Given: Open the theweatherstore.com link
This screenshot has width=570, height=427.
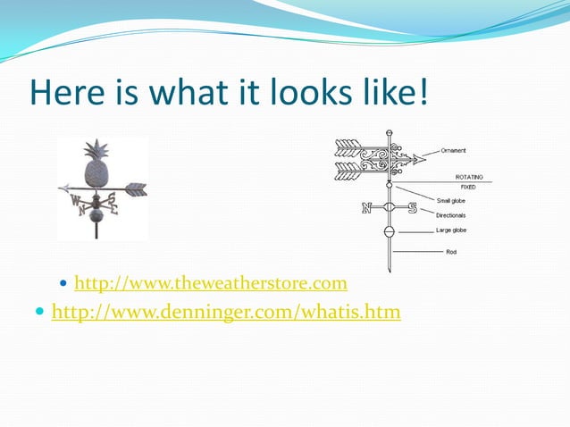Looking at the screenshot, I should tap(210, 284).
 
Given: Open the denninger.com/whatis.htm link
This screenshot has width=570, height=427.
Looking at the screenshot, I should tap(226, 313).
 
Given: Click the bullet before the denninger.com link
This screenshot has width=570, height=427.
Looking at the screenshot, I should tap(38, 313).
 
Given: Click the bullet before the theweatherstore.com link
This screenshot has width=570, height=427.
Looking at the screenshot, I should tap(62, 284).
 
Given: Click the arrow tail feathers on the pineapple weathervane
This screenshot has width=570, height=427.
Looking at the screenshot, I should tap(136, 189).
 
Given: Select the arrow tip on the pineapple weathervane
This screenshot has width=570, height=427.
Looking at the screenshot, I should tap(63, 188).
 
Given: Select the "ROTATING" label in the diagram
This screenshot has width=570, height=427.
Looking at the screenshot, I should tap(469, 177).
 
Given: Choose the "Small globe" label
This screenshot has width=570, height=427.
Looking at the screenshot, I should tap(450, 201).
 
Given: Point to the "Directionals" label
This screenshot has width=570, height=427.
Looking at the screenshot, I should tap(450, 215).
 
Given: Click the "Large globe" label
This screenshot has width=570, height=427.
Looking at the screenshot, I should tap(450, 230).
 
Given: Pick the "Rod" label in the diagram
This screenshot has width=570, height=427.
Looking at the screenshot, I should tap(451, 252).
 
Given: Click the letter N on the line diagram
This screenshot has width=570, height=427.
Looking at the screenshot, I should tap(366, 209).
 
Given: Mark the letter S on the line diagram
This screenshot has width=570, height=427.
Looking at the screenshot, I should tap(412, 209).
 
